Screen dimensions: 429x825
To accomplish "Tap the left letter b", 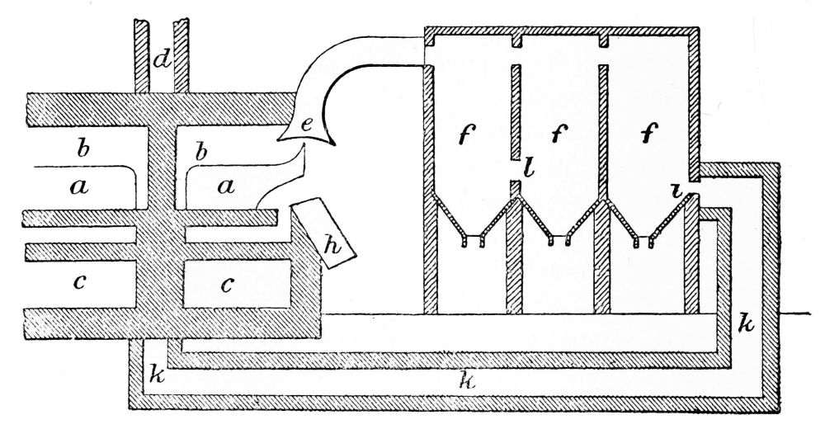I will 81,152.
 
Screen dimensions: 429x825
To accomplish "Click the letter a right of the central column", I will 225,188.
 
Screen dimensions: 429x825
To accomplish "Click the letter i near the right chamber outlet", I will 676,191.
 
